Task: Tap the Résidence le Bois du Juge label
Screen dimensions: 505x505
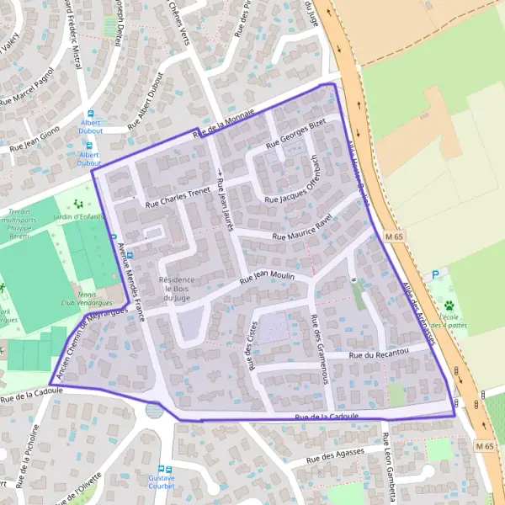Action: (x=178, y=289)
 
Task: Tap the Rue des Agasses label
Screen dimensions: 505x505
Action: (x=334, y=456)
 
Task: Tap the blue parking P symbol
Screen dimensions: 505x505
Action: (x=435, y=274)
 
